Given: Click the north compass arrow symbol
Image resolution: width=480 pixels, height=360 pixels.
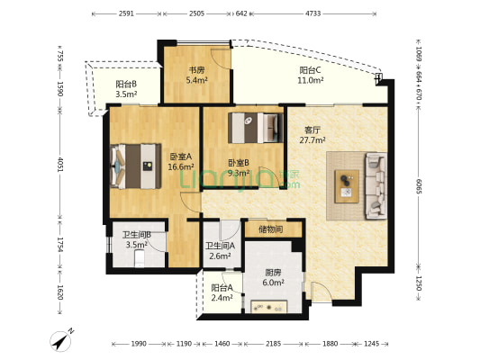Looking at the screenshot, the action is coord(62,340).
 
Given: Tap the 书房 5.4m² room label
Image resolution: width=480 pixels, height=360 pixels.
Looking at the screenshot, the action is coord(196,76).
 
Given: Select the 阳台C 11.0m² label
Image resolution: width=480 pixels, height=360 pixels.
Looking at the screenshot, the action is coord(311,76).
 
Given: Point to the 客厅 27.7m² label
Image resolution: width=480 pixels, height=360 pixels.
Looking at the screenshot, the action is coord(312,135).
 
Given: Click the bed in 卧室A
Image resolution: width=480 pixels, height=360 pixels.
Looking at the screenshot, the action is coord(136,166).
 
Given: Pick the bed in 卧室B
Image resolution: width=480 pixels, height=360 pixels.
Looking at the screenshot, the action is coord(255,128).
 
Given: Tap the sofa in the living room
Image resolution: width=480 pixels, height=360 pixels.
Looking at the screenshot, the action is coord(376,185).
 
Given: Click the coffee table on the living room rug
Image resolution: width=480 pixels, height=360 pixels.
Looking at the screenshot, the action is coord(347,186).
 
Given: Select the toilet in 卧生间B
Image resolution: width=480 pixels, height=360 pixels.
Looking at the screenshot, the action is coord(140,258).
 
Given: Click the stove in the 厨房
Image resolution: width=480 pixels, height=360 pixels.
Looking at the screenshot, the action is coord(269,307).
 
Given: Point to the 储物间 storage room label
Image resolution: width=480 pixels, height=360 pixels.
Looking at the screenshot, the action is coord(270,229).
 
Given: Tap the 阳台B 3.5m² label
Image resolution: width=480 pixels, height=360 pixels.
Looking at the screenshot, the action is coord(126,89).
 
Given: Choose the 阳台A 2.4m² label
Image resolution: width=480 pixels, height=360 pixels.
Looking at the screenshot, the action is coord(222,292).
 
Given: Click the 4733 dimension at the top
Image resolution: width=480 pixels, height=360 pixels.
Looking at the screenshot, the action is coord(313,13).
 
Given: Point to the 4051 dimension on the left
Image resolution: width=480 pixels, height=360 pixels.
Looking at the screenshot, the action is coord(60,164).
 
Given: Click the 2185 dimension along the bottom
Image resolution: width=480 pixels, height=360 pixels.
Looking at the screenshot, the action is coord(274,344).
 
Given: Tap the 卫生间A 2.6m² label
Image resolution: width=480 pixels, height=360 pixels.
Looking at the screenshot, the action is coord(220,251).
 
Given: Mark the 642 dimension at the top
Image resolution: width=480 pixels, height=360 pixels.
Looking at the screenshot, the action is coord(241,13).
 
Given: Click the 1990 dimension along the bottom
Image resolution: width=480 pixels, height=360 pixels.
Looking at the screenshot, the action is coord(140,344).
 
